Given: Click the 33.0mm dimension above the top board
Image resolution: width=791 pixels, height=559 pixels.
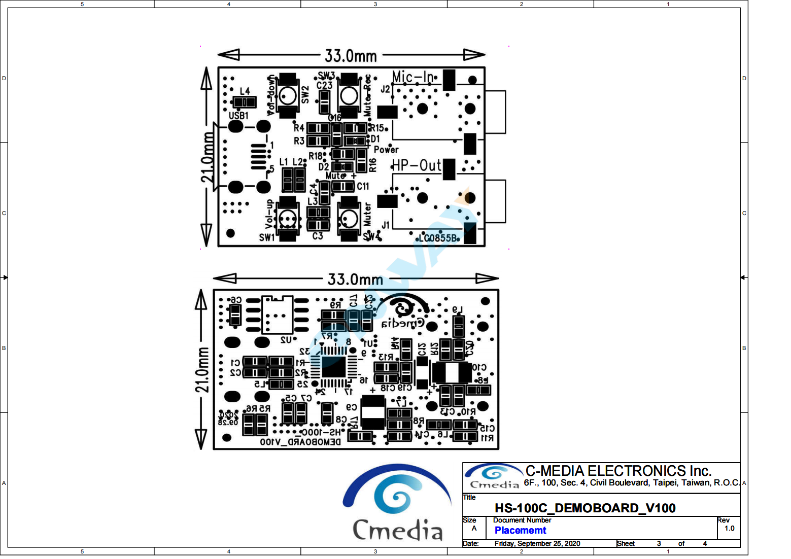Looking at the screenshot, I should [351, 55].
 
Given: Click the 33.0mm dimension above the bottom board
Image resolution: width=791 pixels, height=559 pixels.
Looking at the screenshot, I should [355, 279].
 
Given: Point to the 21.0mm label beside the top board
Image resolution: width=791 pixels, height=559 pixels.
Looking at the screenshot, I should [208, 157].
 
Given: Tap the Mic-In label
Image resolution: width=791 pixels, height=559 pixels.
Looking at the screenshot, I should [413, 77].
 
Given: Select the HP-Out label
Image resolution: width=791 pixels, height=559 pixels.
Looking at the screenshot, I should [416, 165].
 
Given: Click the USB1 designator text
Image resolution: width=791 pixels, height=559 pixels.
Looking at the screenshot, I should [238, 116].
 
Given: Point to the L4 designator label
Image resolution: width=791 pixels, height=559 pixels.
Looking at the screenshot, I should [245, 91].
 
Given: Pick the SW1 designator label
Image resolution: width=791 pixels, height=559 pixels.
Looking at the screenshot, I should [266, 237].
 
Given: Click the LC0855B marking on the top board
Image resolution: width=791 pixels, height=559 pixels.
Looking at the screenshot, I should [438, 238].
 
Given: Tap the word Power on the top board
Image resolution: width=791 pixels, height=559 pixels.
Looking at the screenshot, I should [386, 150].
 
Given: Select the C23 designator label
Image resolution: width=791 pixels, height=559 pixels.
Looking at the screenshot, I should [324, 85].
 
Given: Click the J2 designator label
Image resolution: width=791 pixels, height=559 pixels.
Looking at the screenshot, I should [385, 89].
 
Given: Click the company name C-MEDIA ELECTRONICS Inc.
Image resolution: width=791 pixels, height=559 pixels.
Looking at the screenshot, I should [618, 471].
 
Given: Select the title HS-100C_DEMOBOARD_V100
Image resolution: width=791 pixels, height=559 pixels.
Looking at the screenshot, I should [585, 508].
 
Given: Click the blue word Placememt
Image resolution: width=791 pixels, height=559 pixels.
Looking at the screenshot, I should [520, 530].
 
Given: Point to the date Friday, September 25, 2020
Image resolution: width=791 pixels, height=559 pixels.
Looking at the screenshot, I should [537, 543].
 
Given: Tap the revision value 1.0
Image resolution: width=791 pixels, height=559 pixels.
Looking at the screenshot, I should [729, 528].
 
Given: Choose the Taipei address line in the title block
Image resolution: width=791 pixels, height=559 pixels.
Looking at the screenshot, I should [631, 482].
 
